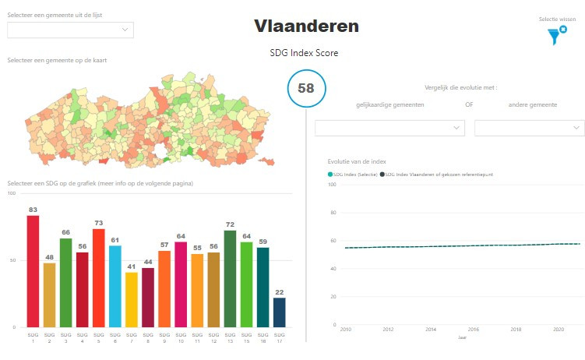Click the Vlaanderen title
[306, 26]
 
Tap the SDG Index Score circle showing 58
[306, 88]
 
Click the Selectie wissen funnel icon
[556, 34]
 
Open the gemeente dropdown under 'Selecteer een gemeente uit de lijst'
[70, 30]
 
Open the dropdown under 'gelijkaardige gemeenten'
[389, 128]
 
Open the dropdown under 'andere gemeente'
[529, 128]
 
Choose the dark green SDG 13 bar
[230, 278]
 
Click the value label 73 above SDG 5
[98, 223]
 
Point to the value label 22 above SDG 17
[279, 291]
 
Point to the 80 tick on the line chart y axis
[333, 213]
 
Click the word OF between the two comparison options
[468, 104]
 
